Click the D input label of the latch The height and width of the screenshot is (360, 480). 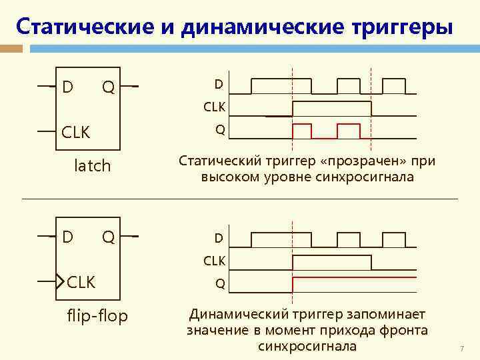pyautogui.click(x=67, y=87)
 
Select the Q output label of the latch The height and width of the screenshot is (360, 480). pyautogui.click(x=108, y=87)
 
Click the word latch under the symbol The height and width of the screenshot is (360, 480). pyautogui.click(x=92, y=165)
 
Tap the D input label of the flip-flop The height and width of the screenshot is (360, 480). pyautogui.click(x=67, y=237)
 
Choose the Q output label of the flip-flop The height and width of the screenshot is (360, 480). pyautogui.click(x=108, y=237)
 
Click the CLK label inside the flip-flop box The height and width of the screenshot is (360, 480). pyautogui.click(x=81, y=282)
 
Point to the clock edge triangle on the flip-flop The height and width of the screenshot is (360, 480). pyautogui.click(x=61, y=281)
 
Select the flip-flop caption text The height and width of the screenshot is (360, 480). pyautogui.click(x=97, y=315)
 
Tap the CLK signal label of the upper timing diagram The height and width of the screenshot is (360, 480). pyautogui.click(x=214, y=107)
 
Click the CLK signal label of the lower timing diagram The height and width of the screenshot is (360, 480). pyautogui.click(x=214, y=260)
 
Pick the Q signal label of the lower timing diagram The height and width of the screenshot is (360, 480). pyautogui.click(x=219, y=285)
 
